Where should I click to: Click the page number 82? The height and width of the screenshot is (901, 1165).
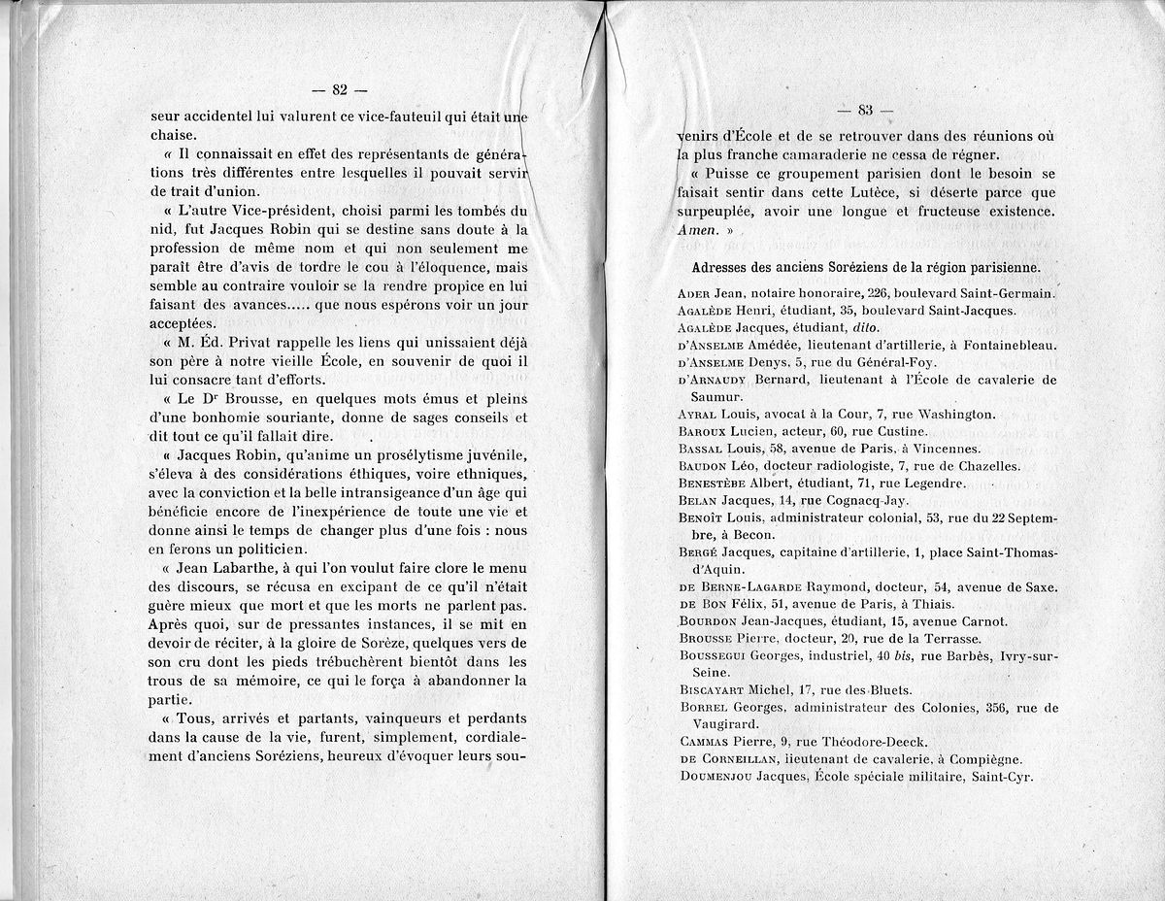pyautogui.click(x=339, y=90)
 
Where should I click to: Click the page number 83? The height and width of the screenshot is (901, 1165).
pyautogui.click(x=867, y=110)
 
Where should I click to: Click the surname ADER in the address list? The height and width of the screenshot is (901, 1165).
pyautogui.click(x=694, y=293)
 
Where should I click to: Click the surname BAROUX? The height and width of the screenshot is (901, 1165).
pyautogui.click(x=701, y=431)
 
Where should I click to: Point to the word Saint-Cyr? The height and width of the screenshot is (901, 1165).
pyautogui.click(x=1002, y=777)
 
